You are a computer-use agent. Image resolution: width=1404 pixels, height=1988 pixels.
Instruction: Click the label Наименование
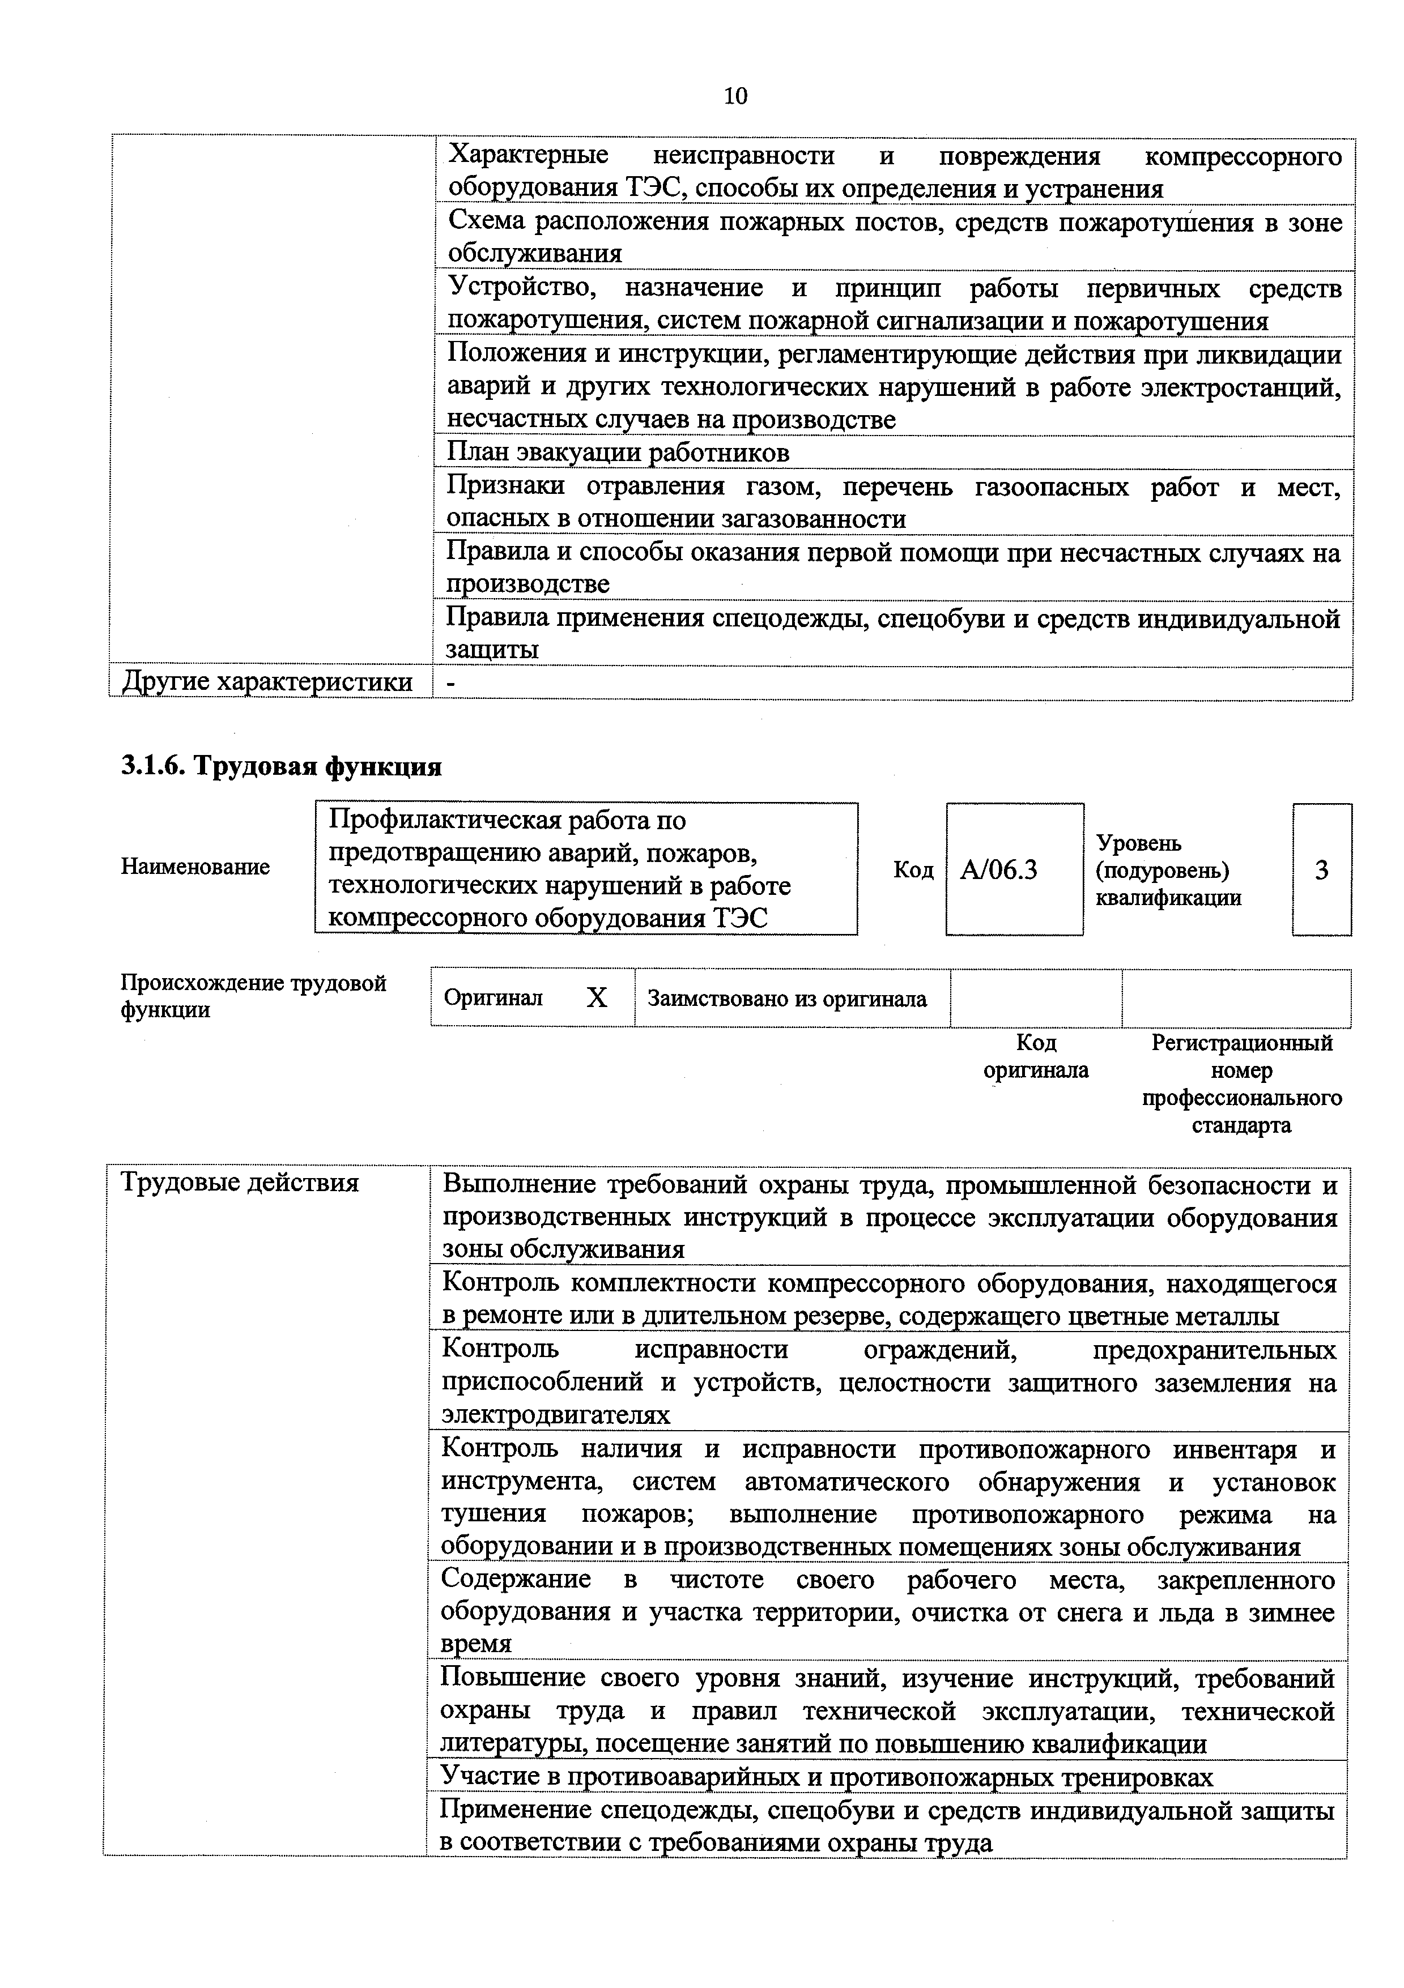pos(195,867)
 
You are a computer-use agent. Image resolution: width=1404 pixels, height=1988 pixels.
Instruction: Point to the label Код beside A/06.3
pos(913,870)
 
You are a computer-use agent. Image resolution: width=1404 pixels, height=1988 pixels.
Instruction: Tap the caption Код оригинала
pos(1035,1056)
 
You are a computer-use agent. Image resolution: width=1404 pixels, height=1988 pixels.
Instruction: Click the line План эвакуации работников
pos(618,452)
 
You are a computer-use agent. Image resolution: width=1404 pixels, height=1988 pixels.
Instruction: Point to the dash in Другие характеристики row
pos(450,683)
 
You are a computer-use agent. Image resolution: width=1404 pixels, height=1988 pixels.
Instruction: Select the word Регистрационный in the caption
pos(1241,1043)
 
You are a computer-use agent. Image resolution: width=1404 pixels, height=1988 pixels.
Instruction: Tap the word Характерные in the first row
pos(528,156)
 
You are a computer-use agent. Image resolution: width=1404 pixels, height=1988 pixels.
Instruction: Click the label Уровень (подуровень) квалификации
pos(1168,870)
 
